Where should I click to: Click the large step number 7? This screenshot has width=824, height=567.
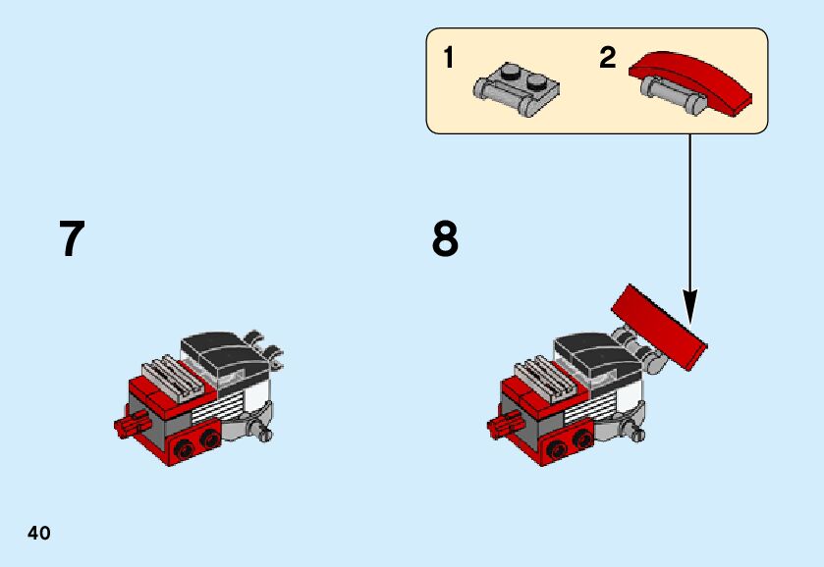tap(72, 238)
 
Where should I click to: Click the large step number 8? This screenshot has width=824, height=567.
tap(445, 238)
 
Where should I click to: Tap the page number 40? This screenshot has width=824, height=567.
tap(38, 534)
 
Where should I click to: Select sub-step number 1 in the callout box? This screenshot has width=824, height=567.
tap(449, 59)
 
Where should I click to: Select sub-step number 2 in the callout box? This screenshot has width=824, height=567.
tap(608, 59)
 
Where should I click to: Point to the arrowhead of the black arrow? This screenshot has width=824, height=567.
tap(690, 312)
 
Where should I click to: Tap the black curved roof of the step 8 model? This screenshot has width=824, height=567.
tap(593, 348)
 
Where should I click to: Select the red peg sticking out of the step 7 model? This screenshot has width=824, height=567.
tap(128, 425)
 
